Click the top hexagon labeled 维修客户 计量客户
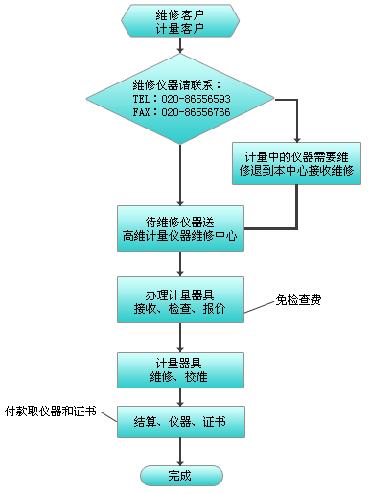[x=180, y=22]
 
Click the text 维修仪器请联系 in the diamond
[x=180, y=83]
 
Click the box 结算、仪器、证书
[x=180, y=420]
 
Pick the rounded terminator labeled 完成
[x=180, y=475]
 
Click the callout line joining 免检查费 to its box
[x=257, y=308]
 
